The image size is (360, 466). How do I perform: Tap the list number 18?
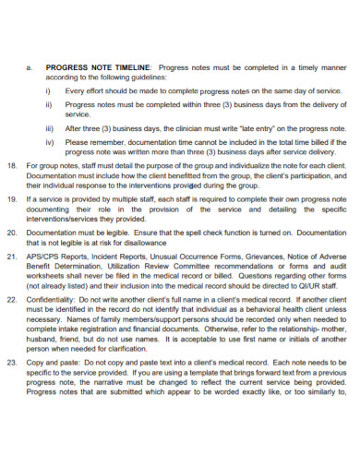(11, 164)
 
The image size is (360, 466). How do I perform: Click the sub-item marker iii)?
(49, 129)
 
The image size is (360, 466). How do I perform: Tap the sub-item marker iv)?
(49, 143)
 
